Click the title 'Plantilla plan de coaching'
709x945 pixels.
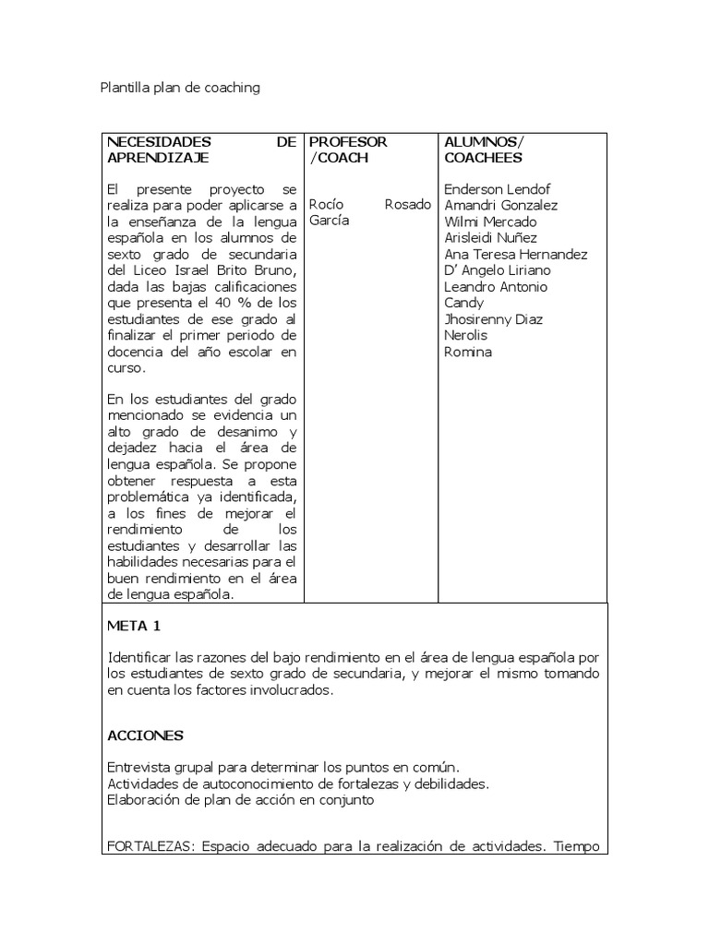pyautogui.click(x=180, y=88)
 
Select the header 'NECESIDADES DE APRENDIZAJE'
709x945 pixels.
pyautogui.click(x=202, y=150)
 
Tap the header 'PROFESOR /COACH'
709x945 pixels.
pyautogui.click(x=348, y=150)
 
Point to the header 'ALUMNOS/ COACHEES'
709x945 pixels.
pyautogui.click(x=484, y=150)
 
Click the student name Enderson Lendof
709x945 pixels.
pyautogui.click(x=497, y=190)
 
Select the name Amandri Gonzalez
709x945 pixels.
pyautogui.click(x=500, y=206)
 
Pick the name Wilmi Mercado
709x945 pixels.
pyautogui.click(x=489, y=222)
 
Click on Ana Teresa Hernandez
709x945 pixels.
pyautogui.click(x=516, y=255)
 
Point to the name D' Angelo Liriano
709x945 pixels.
pyautogui.click(x=497, y=270)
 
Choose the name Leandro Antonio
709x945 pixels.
pyautogui.click(x=496, y=287)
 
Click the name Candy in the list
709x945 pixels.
pyautogui.click(x=463, y=303)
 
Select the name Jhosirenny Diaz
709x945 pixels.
pyautogui.click(x=493, y=319)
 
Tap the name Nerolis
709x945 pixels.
pyautogui.click(x=467, y=335)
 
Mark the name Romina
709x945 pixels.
pyautogui.click(x=468, y=352)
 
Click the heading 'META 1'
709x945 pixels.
pyautogui.click(x=134, y=626)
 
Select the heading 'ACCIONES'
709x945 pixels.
pyautogui.click(x=145, y=736)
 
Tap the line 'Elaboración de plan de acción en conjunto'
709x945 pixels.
pyautogui.click(x=240, y=800)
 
